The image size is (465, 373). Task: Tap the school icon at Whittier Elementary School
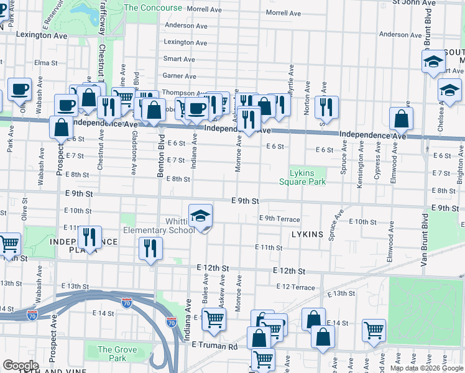[200, 216]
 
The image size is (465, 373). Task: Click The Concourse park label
[153, 8]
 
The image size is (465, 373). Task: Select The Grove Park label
[113, 354]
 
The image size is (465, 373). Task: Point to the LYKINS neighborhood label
[307, 234]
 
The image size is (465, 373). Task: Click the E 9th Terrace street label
[280, 219]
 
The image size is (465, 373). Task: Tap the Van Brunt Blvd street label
[426, 241]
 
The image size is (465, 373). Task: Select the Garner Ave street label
[179, 76]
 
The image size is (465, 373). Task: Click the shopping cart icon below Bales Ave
[214, 320]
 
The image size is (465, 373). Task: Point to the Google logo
[21, 366]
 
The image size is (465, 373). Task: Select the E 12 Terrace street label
[296, 287]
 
